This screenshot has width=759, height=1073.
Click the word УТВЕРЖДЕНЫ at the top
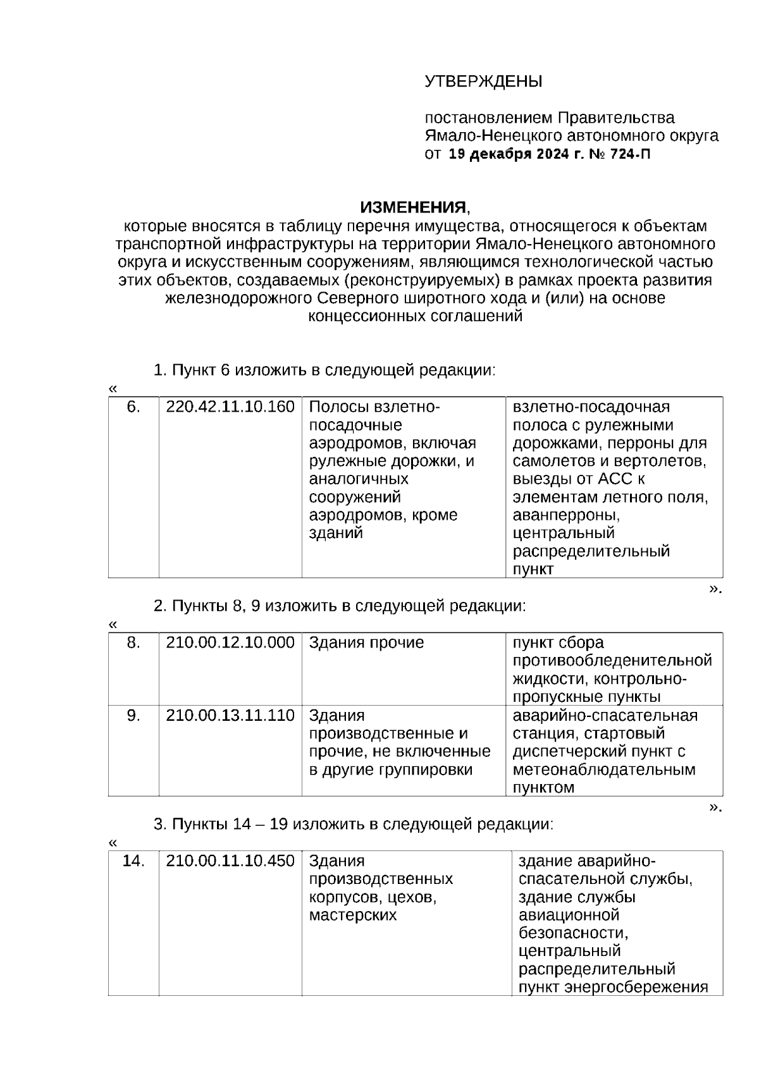pyautogui.click(x=483, y=82)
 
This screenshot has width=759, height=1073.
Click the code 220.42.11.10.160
pyautogui.click(x=230, y=407)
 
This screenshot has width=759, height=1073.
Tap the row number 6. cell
pyautogui.click(x=133, y=407)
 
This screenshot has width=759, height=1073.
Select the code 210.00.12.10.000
pyautogui.click(x=230, y=642)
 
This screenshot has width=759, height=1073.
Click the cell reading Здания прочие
pyautogui.click(x=366, y=642)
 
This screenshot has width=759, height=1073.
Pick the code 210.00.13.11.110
pyautogui.click(x=230, y=715)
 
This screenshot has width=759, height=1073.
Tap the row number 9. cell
pyautogui.click(x=133, y=715)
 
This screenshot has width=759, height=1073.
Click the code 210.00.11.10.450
pyautogui.click(x=230, y=861)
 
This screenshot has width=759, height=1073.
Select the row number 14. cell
pyautogui.click(x=133, y=861)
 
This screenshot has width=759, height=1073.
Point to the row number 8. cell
pyautogui.click(x=133, y=642)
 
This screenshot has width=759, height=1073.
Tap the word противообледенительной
pyautogui.click(x=612, y=661)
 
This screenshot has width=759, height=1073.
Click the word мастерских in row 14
pyautogui.click(x=352, y=915)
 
